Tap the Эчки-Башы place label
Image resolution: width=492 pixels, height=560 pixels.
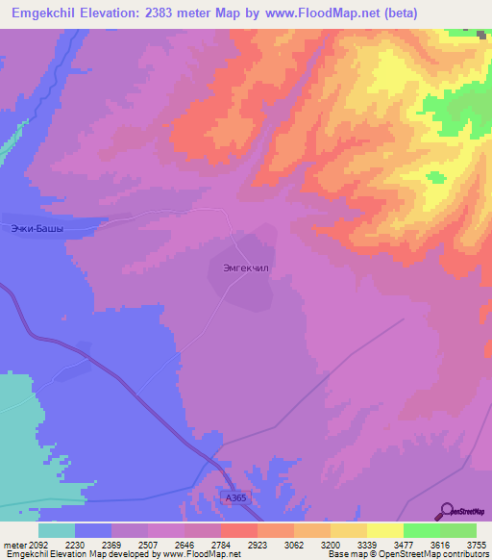pyautogui.click(x=37, y=228)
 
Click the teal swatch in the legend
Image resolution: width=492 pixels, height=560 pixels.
pyautogui.click(x=56, y=530)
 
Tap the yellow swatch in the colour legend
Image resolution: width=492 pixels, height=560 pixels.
pyautogui.click(x=384, y=530)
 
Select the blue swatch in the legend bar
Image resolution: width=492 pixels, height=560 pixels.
pyautogui.click(x=93, y=530)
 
